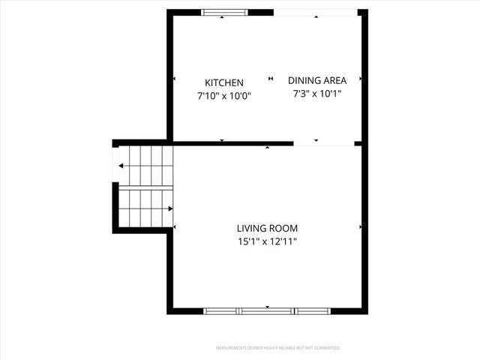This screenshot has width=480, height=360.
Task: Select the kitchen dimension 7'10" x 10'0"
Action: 224,96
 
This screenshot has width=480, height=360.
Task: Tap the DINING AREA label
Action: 316,80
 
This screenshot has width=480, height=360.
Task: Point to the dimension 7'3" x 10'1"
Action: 316,94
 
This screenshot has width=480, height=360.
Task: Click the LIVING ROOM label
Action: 267,228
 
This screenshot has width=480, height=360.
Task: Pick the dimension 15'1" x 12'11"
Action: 267,241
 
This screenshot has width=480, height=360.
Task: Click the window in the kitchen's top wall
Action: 224,13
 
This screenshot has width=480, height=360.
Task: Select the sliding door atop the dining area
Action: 315,13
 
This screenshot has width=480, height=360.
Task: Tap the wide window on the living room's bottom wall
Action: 267,310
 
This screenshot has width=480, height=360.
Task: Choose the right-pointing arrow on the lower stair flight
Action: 170,208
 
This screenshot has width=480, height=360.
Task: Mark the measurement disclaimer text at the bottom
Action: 277,348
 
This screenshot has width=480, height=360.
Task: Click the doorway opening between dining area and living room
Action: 324,143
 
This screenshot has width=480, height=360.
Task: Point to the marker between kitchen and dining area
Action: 271,78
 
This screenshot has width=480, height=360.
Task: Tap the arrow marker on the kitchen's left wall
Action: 175,78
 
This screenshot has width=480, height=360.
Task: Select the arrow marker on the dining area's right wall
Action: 360,78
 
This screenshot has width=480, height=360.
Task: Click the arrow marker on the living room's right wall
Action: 360,226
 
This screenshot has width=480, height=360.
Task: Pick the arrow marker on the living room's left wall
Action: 175,226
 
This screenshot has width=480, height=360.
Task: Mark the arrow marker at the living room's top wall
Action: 268,148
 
